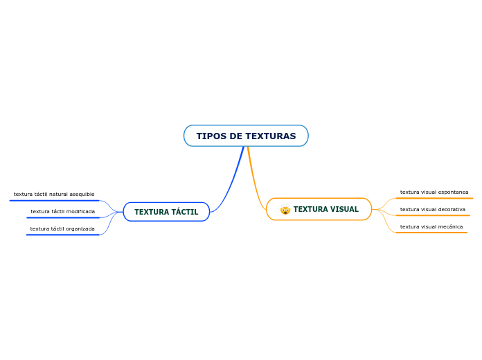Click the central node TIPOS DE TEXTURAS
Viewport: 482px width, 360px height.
tap(246, 136)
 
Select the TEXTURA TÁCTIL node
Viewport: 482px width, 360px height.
tap(166, 212)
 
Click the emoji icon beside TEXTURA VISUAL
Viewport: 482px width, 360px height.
tap(285, 210)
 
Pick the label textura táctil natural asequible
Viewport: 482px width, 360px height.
tap(54, 195)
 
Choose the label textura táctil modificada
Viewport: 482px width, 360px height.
tap(62, 211)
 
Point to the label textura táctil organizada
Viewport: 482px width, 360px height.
tap(62, 228)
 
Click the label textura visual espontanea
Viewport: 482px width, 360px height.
tap(434, 192)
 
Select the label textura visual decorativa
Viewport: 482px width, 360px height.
tap(433, 209)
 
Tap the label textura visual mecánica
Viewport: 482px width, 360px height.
tap(431, 226)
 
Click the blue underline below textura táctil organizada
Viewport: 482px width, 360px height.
tap(62, 235)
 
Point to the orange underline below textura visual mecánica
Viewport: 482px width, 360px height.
tap(431, 233)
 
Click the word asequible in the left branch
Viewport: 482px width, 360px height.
tap(81, 195)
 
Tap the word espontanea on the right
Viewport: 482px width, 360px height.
tap(454, 192)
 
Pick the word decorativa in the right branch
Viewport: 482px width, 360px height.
tap(451, 209)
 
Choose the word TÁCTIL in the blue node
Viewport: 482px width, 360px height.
tap(184, 212)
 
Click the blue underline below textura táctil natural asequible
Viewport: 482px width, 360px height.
tap(54, 201)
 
